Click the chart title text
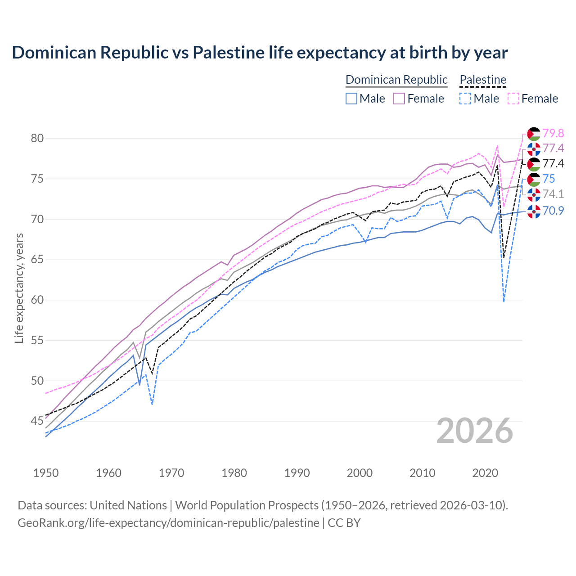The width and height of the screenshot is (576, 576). (260, 53)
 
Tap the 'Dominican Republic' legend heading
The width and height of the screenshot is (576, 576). (396, 80)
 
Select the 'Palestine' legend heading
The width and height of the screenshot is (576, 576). (483, 80)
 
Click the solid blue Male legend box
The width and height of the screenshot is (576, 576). (351, 99)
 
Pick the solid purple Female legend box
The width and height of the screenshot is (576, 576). (400, 99)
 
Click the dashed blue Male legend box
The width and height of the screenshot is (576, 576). (466, 99)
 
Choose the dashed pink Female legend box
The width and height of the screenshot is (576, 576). (513, 99)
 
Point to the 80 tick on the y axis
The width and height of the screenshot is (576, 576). (37, 138)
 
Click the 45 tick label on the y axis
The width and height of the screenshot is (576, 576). (37, 421)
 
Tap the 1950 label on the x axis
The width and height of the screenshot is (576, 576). (46, 473)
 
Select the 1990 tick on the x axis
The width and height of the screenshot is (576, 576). (297, 473)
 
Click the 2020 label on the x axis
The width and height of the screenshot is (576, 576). (485, 473)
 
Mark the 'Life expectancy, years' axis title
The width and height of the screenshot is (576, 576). (19, 288)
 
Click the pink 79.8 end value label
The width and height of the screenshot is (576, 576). (553, 133)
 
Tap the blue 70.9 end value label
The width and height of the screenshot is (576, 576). (553, 210)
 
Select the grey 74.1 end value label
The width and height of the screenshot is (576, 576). (553, 194)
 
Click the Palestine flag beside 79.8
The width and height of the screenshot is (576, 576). (534, 134)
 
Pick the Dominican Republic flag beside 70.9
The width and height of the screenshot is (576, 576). (534, 211)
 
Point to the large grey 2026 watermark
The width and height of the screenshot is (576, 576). (474, 431)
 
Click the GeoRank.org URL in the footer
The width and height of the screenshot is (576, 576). (168, 523)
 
